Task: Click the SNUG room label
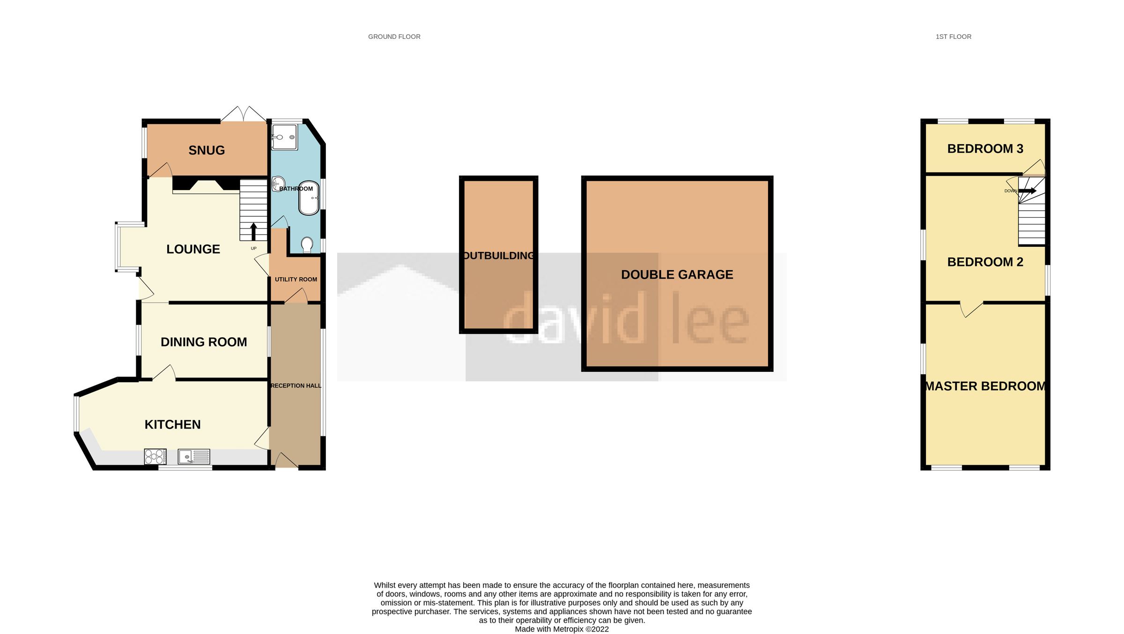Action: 207,150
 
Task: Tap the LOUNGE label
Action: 193,249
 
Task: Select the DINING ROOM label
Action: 204,342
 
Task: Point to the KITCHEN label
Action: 172,424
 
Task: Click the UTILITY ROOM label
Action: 296,280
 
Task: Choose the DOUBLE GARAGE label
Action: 677,274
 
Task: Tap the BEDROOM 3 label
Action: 985,148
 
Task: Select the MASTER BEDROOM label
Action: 985,386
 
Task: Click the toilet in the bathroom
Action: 307,245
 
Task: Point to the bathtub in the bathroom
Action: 309,198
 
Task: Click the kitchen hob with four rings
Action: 155,457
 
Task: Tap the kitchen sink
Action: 193,457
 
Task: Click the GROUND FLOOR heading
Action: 394,37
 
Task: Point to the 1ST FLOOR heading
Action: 953,37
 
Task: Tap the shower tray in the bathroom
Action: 284,137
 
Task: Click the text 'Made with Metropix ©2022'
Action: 562,629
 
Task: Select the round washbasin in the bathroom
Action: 278,183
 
